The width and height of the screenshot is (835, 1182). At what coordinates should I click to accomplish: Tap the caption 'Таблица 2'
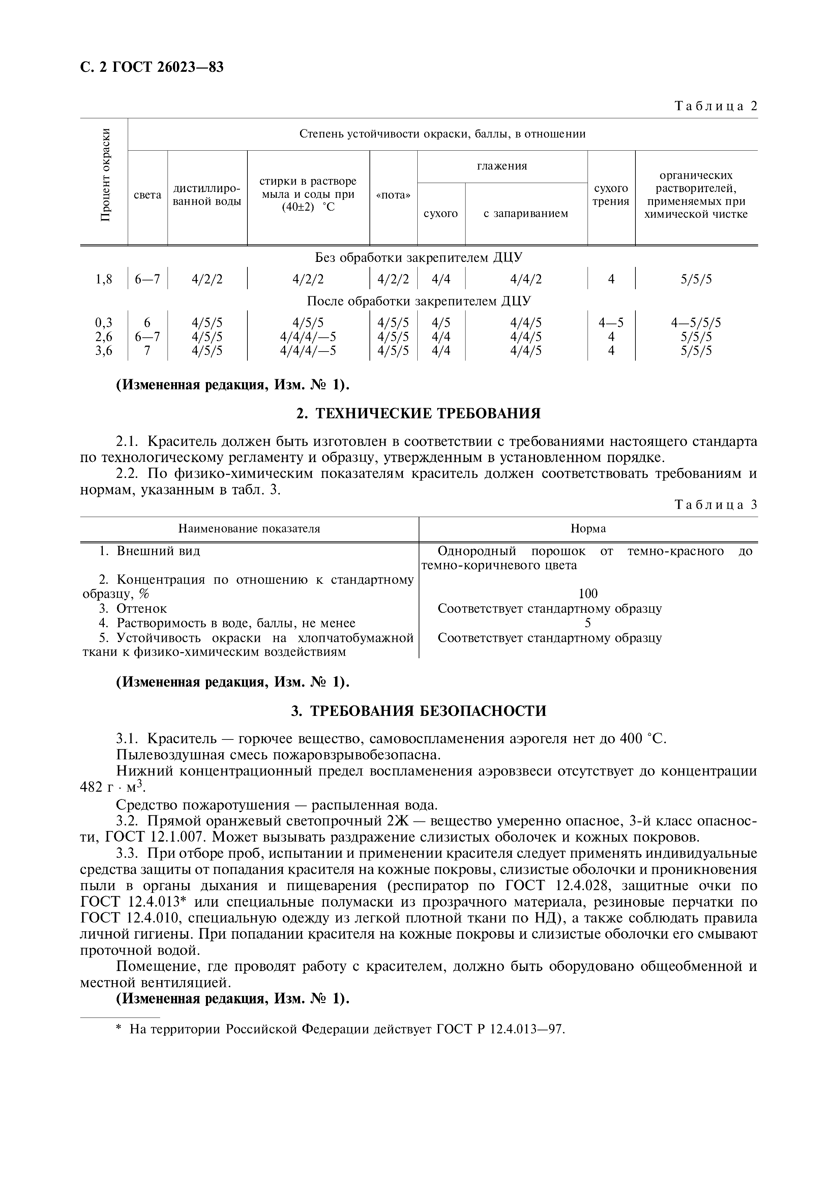[x=716, y=106]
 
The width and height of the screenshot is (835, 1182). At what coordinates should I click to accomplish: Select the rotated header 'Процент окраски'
[x=105, y=175]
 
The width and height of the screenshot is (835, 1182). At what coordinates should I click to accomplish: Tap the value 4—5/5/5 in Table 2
[x=695, y=323]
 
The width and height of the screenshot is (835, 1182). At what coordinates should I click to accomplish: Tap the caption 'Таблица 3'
[x=716, y=505]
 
